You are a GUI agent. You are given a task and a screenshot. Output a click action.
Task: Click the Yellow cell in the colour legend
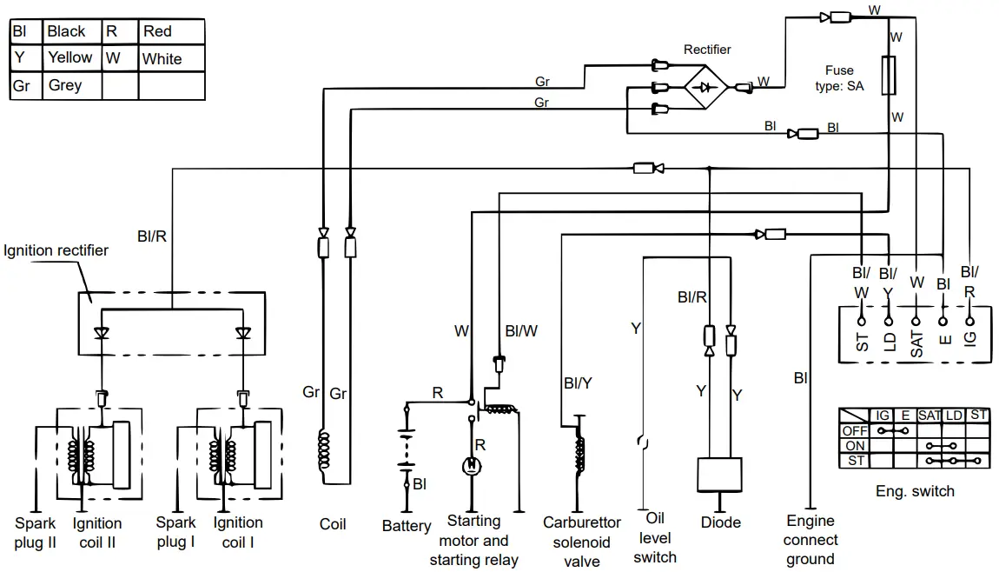click(x=69, y=57)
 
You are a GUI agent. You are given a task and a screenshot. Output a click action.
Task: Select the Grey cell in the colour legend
click(x=65, y=85)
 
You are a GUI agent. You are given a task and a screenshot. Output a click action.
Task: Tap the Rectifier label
click(x=707, y=50)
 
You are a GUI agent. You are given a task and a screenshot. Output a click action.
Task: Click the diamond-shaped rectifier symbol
click(x=705, y=87)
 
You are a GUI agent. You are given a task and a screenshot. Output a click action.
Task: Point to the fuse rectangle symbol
click(x=888, y=76)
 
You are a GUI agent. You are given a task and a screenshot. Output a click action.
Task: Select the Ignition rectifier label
click(x=56, y=250)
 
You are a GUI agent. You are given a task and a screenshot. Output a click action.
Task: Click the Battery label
click(x=406, y=526)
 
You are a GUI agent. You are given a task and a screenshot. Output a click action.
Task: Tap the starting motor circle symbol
click(x=471, y=465)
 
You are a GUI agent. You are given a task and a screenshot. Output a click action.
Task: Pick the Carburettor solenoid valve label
click(x=581, y=542)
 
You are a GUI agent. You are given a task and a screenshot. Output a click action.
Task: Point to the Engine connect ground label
click(x=810, y=540)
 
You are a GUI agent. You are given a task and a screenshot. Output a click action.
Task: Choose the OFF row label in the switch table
click(x=854, y=431)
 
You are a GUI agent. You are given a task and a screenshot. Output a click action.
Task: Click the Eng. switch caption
click(x=915, y=491)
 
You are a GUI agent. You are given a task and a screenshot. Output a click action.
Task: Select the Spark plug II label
click(x=36, y=533)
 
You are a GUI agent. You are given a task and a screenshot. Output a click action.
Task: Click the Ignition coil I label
click(x=238, y=533)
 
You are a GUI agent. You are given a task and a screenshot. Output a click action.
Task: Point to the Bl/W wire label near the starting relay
click(x=521, y=331)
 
